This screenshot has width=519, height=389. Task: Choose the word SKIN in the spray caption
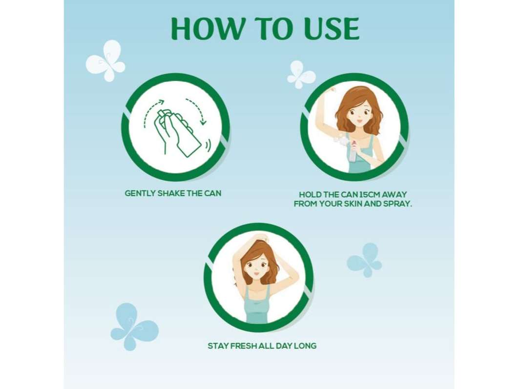click(x=353, y=204)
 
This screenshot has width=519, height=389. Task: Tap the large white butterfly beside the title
click(x=105, y=61)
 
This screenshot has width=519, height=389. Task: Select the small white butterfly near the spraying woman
click(x=301, y=75)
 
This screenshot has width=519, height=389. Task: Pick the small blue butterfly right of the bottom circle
click(x=364, y=260)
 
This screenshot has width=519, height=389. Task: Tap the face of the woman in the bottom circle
click(x=255, y=267)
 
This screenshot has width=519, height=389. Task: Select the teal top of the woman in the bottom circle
click(x=257, y=306)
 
